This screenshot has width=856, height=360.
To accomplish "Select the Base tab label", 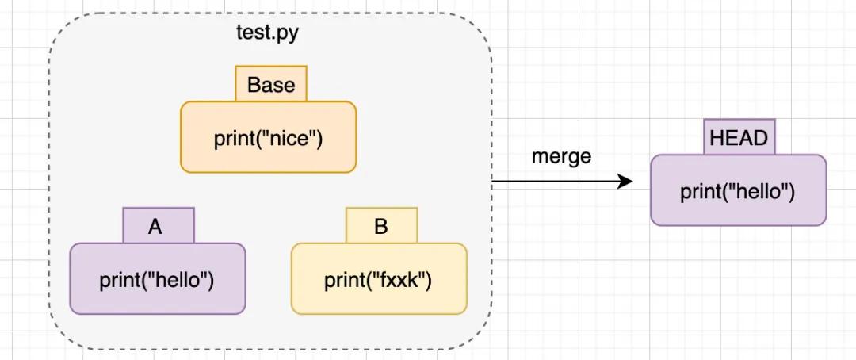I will [x=271, y=85].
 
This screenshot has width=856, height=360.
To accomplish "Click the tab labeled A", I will [x=156, y=227].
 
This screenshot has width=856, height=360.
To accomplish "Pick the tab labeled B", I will [x=381, y=227].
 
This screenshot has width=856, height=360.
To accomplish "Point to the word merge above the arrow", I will [x=561, y=156].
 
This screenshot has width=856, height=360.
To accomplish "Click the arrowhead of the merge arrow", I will [x=626, y=182].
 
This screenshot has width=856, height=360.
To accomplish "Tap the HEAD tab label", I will [x=739, y=138].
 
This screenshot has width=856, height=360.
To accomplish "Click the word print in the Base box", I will [x=232, y=139].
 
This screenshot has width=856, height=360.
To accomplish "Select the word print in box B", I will [x=342, y=281].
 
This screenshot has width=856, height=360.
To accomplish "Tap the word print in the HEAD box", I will [x=699, y=193].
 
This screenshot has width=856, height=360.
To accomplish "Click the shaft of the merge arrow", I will [x=555, y=182].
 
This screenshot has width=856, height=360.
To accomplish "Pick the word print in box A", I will [x=118, y=281].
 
